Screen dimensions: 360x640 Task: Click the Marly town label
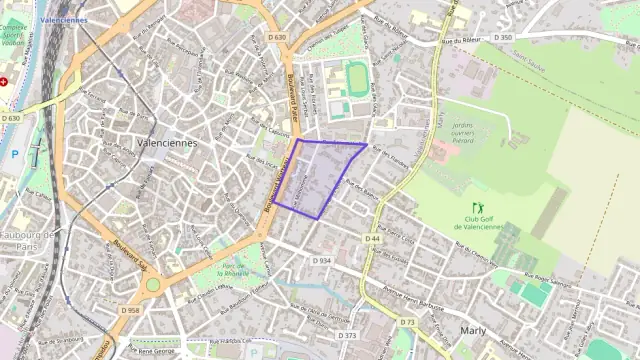[x=472, y=329]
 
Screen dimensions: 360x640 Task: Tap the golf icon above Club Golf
[x=476, y=207]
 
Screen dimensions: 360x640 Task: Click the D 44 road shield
[x=372, y=239]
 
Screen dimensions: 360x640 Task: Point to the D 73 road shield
[x=407, y=322]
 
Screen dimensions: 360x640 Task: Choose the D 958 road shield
[x=131, y=311]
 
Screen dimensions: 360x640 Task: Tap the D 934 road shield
[x=321, y=260]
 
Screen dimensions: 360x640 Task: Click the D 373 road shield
[x=349, y=336]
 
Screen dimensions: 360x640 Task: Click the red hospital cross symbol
[x=4, y=82]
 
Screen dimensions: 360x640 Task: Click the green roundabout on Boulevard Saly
[x=153, y=285]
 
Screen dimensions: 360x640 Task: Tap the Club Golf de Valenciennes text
[x=477, y=224]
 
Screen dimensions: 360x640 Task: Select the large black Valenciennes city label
[x=167, y=143]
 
